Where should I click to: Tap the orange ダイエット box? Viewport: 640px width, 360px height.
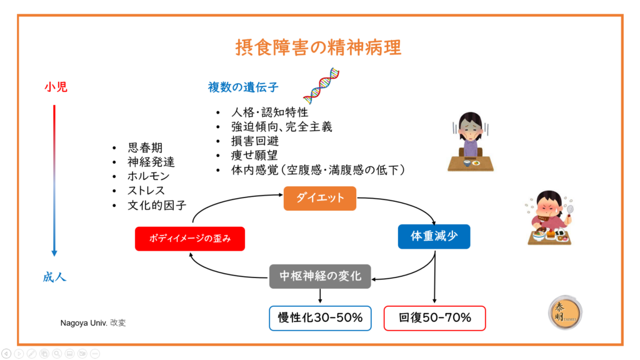[319, 197]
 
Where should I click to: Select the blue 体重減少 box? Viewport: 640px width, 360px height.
[434, 237]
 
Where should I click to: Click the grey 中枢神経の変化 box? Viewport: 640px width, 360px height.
[320, 276]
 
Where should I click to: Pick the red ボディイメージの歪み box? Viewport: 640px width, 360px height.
[189, 238]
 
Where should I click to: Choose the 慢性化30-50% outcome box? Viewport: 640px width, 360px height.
[320, 317]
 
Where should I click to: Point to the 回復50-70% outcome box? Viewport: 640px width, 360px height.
[434, 317]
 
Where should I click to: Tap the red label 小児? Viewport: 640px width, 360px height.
[55, 87]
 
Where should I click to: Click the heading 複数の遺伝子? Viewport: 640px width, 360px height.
[243, 87]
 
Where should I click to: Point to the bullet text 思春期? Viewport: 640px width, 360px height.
[145, 148]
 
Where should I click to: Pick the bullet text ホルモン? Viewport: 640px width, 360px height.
[149, 176]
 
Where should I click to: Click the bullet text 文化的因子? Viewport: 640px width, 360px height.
[157, 205]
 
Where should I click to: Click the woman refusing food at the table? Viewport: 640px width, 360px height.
[470, 142]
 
